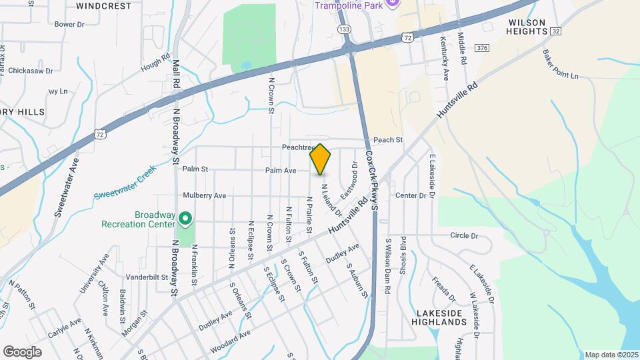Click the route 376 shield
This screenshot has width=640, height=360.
pyautogui.click(x=482, y=48)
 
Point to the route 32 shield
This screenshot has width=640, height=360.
pyautogui.click(x=556, y=31)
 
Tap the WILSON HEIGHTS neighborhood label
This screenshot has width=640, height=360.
pyautogui.click(x=527, y=27)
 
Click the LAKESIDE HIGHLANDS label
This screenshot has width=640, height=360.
pyautogui.click(x=441, y=317)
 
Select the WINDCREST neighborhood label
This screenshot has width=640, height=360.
pyautogui.click(x=103, y=5)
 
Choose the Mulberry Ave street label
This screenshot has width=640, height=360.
pyautogui.click(x=205, y=195)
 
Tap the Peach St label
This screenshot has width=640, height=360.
pyautogui.click(x=388, y=140)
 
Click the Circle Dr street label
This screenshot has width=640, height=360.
pyautogui.click(x=465, y=235)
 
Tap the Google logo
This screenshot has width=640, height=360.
pyautogui.click(x=22, y=351)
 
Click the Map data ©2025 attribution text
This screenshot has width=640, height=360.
pyautogui.click(x=611, y=355)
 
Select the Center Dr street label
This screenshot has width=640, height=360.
pyautogui.click(x=410, y=195)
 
